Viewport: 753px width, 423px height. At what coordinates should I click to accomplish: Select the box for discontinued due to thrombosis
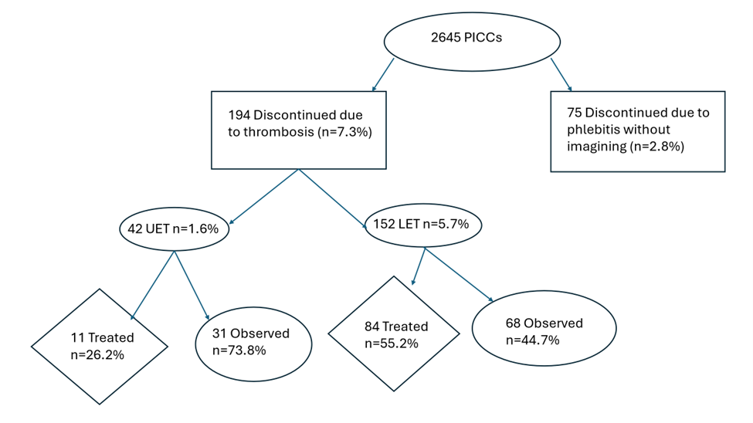click(298, 130)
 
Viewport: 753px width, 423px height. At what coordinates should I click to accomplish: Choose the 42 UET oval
click(174, 228)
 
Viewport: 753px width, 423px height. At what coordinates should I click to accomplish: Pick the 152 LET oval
click(422, 225)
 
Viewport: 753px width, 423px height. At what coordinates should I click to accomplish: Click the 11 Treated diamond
click(100, 346)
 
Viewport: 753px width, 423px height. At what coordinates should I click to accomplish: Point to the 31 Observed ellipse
click(251, 341)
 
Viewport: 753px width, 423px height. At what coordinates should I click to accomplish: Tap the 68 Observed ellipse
click(544, 330)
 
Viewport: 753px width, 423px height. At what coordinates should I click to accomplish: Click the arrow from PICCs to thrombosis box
click(383, 74)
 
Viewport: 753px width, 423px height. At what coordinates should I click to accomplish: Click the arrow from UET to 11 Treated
click(154, 284)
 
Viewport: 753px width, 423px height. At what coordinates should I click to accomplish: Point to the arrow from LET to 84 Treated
click(418, 267)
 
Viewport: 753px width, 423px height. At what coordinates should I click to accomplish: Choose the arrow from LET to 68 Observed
click(460, 276)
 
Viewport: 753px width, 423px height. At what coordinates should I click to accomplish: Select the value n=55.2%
click(392, 343)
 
